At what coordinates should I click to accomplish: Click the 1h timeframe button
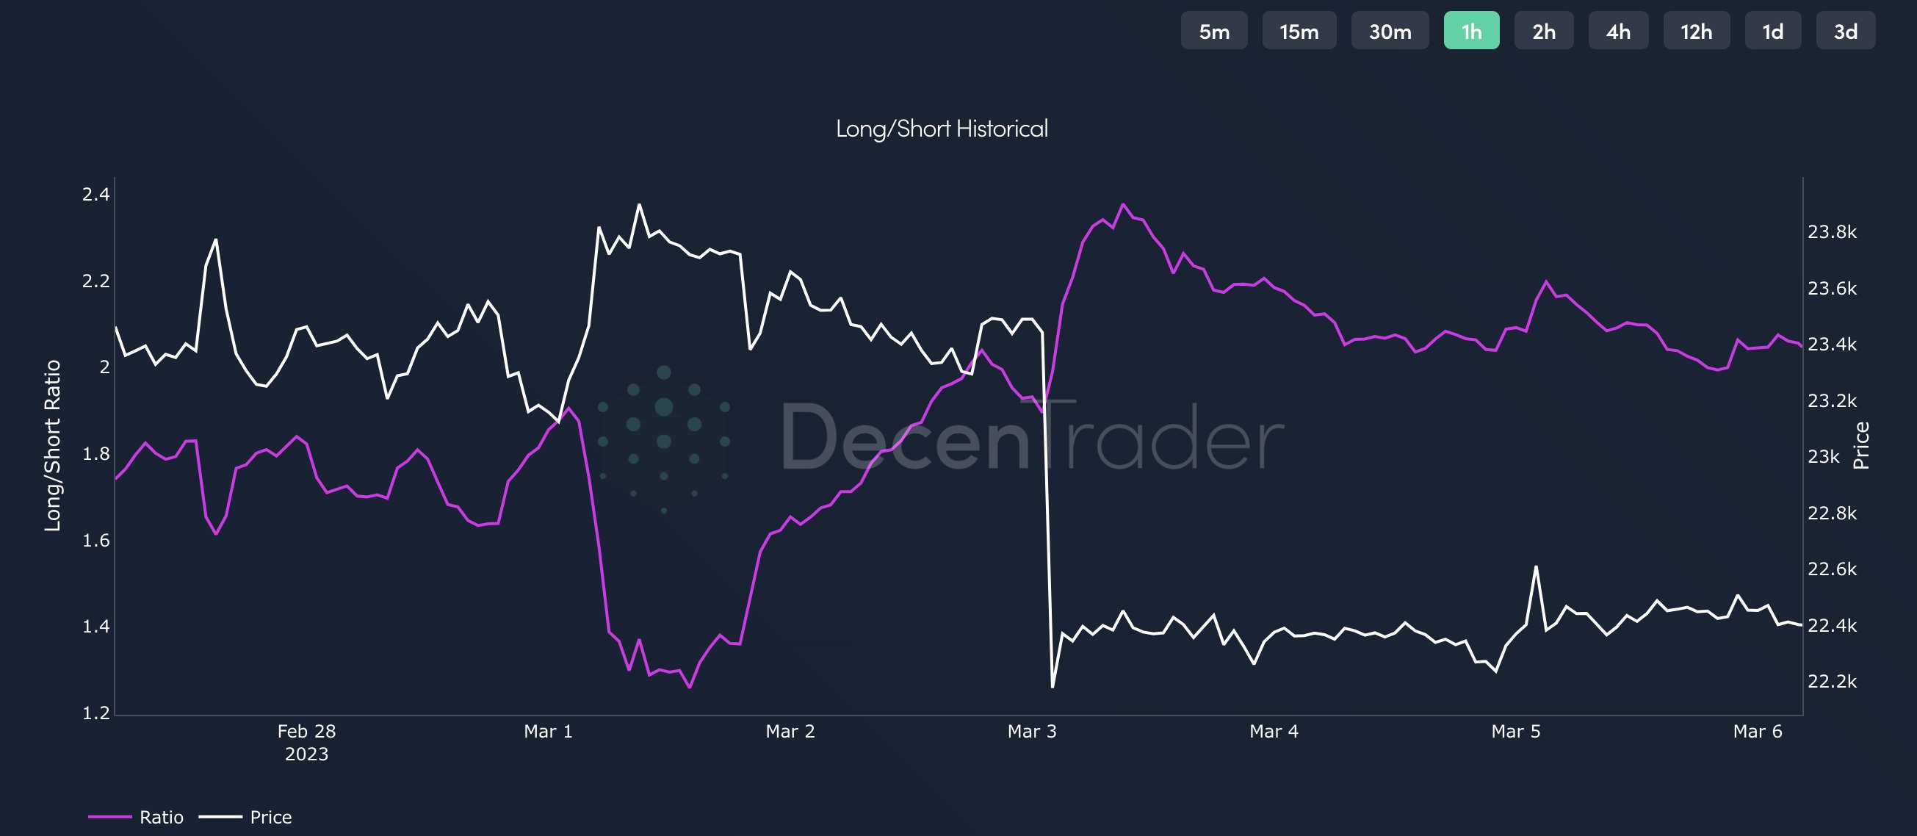pyautogui.click(x=1471, y=32)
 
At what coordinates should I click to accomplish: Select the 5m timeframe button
pyautogui.click(x=1214, y=32)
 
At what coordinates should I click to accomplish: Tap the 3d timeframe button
pyautogui.click(x=1845, y=32)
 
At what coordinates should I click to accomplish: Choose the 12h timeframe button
pyautogui.click(x=1696, y=32)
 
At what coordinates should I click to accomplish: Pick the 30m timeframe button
pyautogui.click(x=1390, y=32)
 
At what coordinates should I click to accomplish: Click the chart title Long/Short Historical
pyautogui.click(x=942, y=129)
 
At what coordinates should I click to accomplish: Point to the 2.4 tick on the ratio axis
pyautogui.click(x=96, y=195)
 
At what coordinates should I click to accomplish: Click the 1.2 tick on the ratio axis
pyautogui.click(x=96, y=713)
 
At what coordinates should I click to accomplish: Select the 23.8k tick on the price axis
pyautogui.click(x=1832, y=232)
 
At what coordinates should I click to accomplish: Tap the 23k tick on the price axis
pyautogui.click(x=1823, y=457)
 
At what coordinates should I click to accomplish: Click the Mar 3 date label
pyautogui.click(x=1031, y=732)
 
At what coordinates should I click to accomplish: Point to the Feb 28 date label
pyautogui.click(x=306, y=732)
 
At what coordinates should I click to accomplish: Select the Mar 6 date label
pyautogui.click(x=1757, y=732)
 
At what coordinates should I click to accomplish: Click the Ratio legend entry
pyautogui.click(x=161, y=818)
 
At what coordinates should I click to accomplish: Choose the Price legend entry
pyautogui.click(x=270, y=818)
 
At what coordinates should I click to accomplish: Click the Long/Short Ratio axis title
pyautogui.click(x=52, y=445)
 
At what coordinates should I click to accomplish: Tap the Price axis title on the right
pyautogui.click(x=1860, y=445)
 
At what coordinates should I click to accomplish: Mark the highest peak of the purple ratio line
pyautogui.click(x=1123, y=204)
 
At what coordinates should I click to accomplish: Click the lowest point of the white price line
pyautogui.click(x=1053, y=686)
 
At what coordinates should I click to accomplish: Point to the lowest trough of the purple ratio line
pyautogui.click(x=690, y=687)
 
